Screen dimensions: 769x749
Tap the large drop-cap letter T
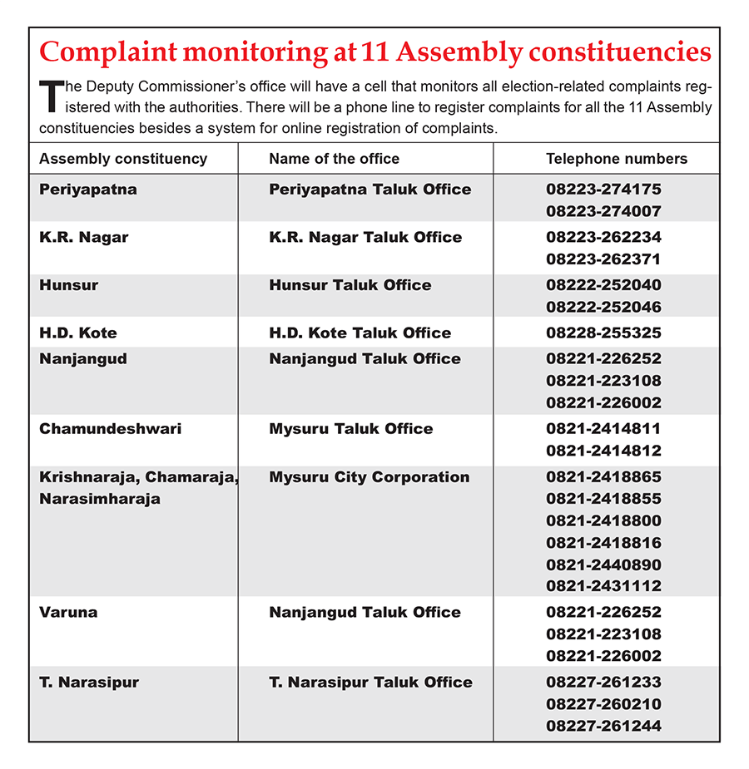tap(51, 96)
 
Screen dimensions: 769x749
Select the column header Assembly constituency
tap(123, 159)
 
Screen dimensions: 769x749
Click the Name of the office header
tap(334, 159)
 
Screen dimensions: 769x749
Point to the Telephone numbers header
tap(616, 159)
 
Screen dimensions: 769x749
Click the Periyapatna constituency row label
tap(88, 190)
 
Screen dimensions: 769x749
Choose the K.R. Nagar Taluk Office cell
tap(365, 237)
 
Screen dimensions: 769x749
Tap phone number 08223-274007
tap(603, 211)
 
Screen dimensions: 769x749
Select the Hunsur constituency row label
tap(69, 285)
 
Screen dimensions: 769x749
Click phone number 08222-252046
tap(603, 307)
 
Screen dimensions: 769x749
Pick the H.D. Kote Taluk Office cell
tap(360, 333)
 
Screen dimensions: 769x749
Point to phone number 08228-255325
tap(603, 333)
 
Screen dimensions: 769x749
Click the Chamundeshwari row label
tap(110, 429)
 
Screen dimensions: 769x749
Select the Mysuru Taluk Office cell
tap(350, 429)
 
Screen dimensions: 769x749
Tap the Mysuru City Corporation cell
tap(369, 477)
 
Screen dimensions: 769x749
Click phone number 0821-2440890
tap(603, 564)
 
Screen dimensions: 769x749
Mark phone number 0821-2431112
tap(603, 586)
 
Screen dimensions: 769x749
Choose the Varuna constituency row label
tap(68, 613)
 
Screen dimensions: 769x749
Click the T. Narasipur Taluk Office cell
tap(370, 683)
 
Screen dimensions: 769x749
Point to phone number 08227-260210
tap(603, 704)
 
